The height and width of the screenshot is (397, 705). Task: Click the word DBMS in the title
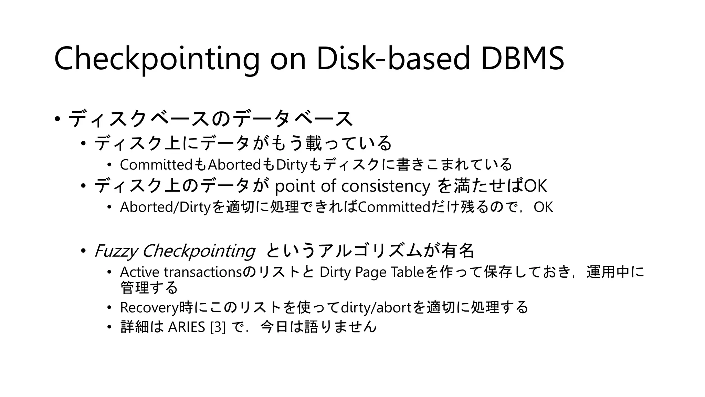point(522,58)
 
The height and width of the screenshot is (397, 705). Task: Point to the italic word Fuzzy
point(116,251)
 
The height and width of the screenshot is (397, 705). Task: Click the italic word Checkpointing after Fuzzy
point(198,251)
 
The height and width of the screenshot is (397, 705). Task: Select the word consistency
point(386,186)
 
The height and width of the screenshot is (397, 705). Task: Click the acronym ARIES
point(186,327)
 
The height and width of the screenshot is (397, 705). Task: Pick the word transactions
point(203,272)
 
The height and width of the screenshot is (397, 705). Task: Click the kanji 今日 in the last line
point(274,327)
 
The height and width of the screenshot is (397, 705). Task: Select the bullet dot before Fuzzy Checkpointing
point(83,251)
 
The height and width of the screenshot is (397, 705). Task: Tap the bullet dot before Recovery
point(109,307)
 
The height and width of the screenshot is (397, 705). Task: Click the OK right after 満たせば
point(535,186)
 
